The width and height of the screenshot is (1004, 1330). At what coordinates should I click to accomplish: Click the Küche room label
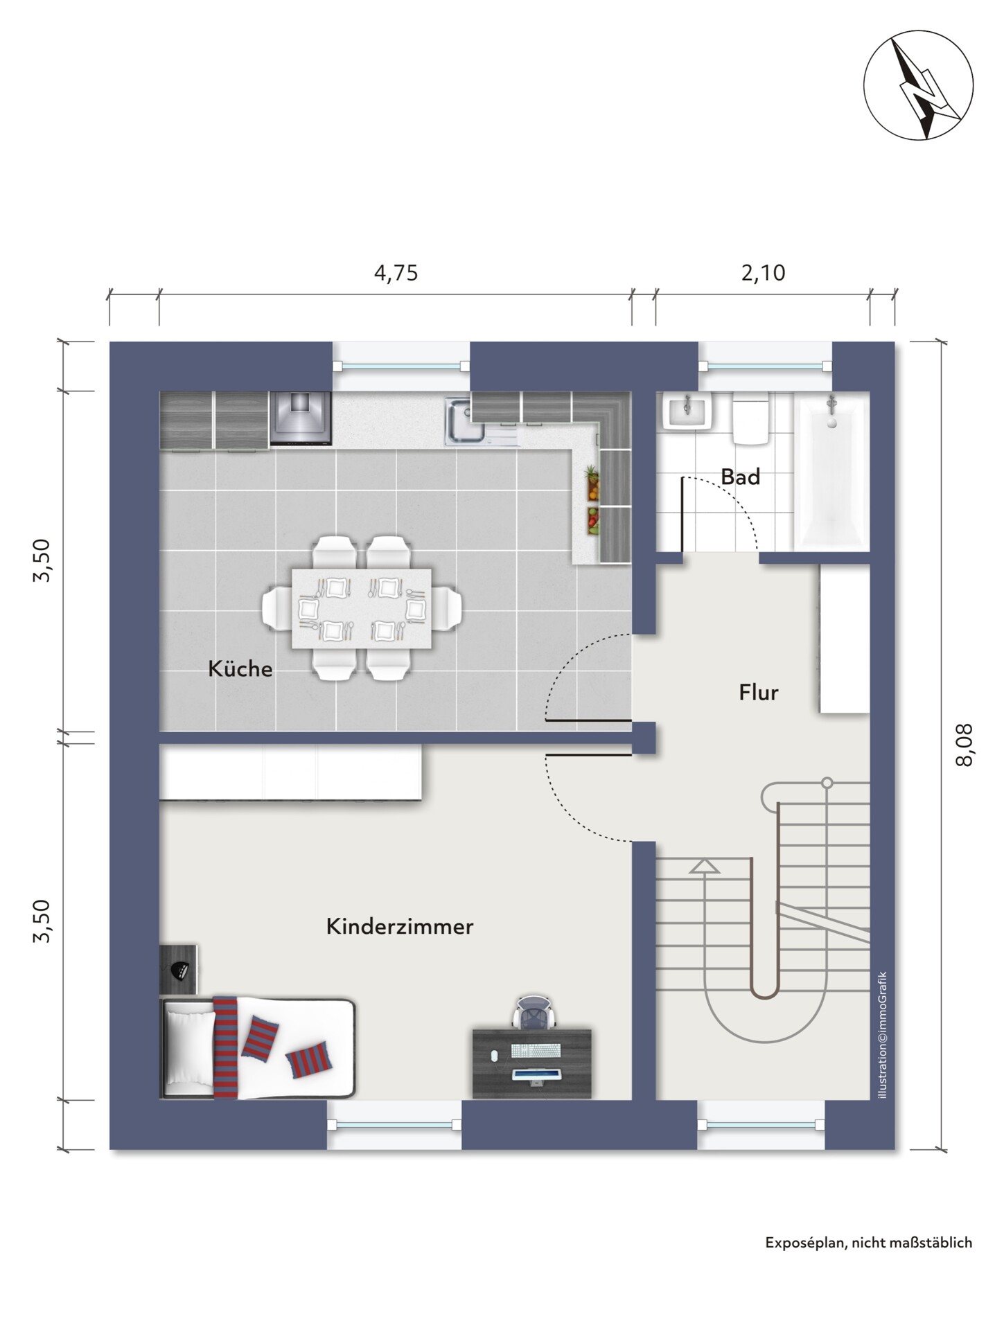coord(240,669)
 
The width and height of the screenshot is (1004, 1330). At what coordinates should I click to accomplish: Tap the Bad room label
coord(740,477)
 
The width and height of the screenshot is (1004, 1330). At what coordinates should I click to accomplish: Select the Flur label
coord(759,692)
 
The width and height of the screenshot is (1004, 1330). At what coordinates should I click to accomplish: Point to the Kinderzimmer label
coord(400,927)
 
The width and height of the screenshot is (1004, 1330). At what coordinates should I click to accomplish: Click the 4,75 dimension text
coord(396,273)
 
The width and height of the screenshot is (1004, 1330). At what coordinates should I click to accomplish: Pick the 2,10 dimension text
coord(763,273)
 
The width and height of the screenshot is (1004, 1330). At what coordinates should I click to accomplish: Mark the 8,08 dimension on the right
coord(964,745)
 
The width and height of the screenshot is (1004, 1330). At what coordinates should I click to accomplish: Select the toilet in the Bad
coord(750,420)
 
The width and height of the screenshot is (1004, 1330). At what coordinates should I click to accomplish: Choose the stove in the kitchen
coord(301,419)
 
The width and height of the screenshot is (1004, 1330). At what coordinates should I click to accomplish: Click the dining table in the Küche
coord(361,609)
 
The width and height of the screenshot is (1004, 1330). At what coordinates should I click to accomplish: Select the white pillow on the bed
coord(190,1049)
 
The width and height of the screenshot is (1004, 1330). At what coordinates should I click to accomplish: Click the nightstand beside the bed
coord(179,970)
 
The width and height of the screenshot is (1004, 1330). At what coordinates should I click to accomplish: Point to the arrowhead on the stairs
coord(705,867)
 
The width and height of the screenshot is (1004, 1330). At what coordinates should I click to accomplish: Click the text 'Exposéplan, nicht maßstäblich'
coord(869,1243)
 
